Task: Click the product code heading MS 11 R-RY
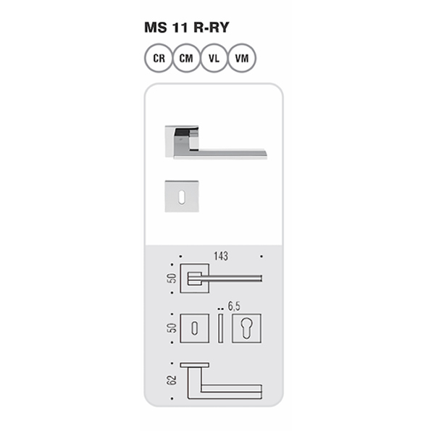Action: pyautogui.click(x=187, y=28)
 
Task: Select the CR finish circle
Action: pyautogui.click(x=159, y=58)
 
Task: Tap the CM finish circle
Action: pyautogui.click(x=186, y=58)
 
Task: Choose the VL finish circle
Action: pyautogui.click(x=214, y=58)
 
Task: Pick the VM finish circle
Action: pyautogui.click(x=242, y=58)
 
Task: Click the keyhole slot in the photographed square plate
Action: pyautogui.click(x=182, y=197)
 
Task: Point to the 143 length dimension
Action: pyautogui.click(x=221, y=256)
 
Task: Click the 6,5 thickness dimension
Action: pyautogui.click(x=234, y=306)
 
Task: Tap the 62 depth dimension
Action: pyautogui.click(x=171, y=380)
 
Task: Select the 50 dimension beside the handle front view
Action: pyautogui.click(x=172, y=278)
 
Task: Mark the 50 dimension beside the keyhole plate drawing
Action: pyautogui.click(x=172, y=328)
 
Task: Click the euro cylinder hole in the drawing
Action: pyautogui.click(x=246, y=328)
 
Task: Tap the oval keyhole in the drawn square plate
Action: pyautogui.click(x=195, y=328)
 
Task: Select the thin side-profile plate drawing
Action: pyautogui.click(x=220, y=328)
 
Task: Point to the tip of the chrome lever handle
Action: pyautogui.click(x=266, y=156)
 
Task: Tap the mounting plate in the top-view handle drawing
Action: pyautogui.click(x=195, y=365)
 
